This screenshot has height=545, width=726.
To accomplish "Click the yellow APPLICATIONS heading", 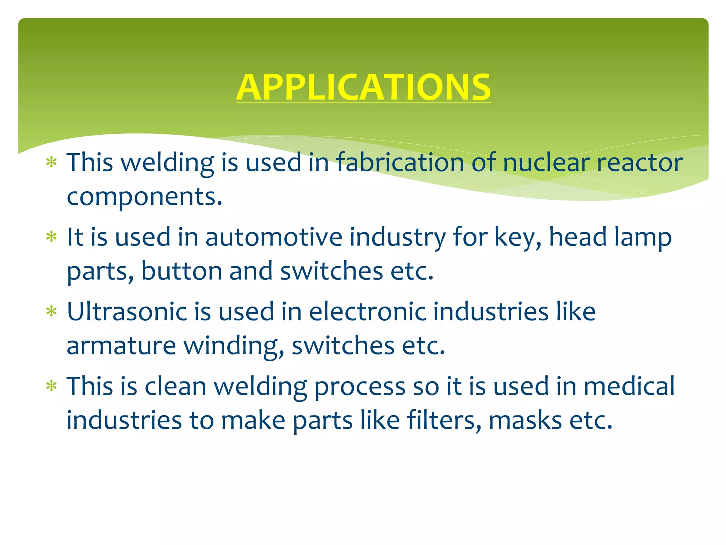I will click(x=363, y=87).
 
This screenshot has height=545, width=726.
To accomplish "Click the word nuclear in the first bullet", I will click(x=546, y=163).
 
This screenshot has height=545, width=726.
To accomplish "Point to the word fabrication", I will click(x=400, y=163).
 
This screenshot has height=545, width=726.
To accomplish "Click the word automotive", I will click(x=274, y=237).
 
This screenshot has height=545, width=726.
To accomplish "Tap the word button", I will click(x=181, y=271).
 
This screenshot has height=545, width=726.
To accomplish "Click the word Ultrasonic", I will click(x=127, y=312).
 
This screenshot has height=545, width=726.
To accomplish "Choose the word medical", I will click(x=629, y=386).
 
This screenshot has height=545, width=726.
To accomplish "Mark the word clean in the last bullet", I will click(x=175, y=386).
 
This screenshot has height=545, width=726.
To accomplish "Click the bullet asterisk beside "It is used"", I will click(x=52, y=237).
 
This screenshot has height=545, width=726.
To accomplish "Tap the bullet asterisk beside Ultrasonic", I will click(x=52, y=311).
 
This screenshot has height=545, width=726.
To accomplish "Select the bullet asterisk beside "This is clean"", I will click(x=52, y=386).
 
